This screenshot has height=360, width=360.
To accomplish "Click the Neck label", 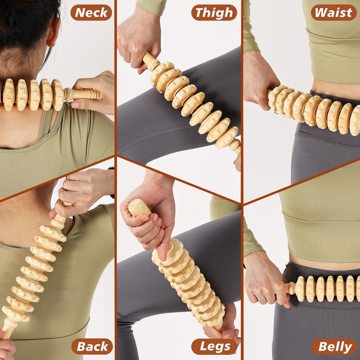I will [x=91, y=13].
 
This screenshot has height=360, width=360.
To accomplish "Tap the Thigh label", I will [x=214, y=13].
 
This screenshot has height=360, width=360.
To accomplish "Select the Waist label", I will [x=333, y=13].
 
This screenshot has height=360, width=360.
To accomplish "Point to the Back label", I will [x=92, y=346].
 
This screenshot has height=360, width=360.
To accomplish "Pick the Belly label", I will [x=334, y=346].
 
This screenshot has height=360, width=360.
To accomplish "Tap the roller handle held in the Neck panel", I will [x=82, y=94].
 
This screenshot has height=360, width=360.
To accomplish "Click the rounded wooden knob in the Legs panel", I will [x=139, y=207].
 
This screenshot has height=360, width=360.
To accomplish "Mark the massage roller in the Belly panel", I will [x=326, y=289].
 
